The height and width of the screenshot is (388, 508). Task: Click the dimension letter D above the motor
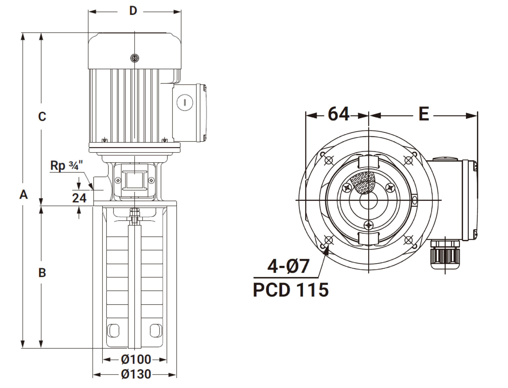(x=133, y=11)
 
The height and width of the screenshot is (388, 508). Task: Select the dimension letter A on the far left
(x=23, y=194)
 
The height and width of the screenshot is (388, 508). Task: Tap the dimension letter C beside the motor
(x=42, y=116)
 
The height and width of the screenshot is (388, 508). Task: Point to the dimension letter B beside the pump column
(x=42, y=273)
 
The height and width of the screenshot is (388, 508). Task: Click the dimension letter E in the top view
(x=424, y=114)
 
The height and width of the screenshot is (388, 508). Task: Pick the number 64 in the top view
(x=338, y=114)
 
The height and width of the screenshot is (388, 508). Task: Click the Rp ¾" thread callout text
(x=66, y=166)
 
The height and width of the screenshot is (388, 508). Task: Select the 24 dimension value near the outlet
(x=79, y=198)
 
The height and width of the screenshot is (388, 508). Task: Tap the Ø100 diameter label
(x=136, y=359)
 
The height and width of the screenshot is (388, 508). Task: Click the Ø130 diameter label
(x=136, y=374)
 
